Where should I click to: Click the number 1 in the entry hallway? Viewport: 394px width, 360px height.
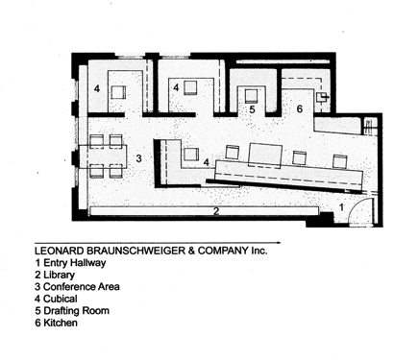pos(341,207)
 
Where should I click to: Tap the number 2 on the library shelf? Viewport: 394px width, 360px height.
pos(216,211)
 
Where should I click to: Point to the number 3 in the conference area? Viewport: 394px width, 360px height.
pos(138,158)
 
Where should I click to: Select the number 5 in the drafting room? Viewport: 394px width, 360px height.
pos(252,109)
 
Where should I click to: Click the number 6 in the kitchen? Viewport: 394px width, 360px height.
pos(300,108)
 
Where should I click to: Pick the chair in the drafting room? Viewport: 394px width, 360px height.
pos(252,95)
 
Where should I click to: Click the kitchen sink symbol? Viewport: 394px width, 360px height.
pos(322,97)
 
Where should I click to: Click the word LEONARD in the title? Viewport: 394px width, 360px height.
pos(60,251)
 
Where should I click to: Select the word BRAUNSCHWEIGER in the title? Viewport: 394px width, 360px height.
pos(136,251)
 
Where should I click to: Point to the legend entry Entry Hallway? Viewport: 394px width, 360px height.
pos(70,263)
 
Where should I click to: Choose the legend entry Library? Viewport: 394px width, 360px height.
pos(55,275)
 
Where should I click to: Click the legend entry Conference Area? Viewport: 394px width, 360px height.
pos(77,287)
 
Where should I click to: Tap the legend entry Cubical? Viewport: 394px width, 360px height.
pos(56,299)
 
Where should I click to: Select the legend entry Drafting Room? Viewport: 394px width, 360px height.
pos(72,311)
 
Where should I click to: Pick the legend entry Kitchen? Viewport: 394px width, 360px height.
pos(56,323)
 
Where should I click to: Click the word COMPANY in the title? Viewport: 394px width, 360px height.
pos(223,251)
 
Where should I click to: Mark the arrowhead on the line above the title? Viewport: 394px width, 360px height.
pos(279,243)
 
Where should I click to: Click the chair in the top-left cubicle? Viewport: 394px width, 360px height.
pos(118,93)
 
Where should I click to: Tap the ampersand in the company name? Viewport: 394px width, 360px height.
pos(192,251)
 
